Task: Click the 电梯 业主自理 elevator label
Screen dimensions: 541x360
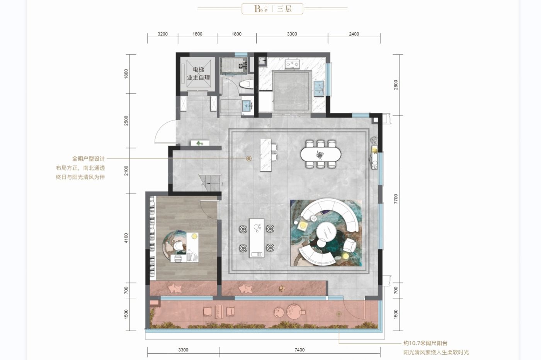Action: coord(198,74)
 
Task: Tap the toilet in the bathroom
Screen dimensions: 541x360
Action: coord(246,85)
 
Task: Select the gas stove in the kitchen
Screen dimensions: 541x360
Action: coord(292,64)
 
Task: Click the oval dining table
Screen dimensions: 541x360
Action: coord(321,154)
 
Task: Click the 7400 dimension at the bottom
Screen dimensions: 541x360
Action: coord(299,350)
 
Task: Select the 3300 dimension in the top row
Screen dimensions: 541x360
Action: coord(292,34)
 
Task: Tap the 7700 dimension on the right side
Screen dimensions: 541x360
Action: coord(396,199)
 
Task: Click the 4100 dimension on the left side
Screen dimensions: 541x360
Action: coord(126,238)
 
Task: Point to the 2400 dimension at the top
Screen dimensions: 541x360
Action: coord(354,34)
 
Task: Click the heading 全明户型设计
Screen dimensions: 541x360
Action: coord(88,159)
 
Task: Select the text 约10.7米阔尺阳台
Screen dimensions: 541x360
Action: coord(425,343)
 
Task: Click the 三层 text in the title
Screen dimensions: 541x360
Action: coord(284,9)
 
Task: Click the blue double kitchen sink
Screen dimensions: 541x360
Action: coord(319,88)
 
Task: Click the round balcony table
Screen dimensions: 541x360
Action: coord(294,312)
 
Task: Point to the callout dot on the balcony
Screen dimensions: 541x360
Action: coord(339,314)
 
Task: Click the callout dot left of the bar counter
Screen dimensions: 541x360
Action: coord(249,159)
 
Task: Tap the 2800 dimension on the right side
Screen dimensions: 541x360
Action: coord(396,85)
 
